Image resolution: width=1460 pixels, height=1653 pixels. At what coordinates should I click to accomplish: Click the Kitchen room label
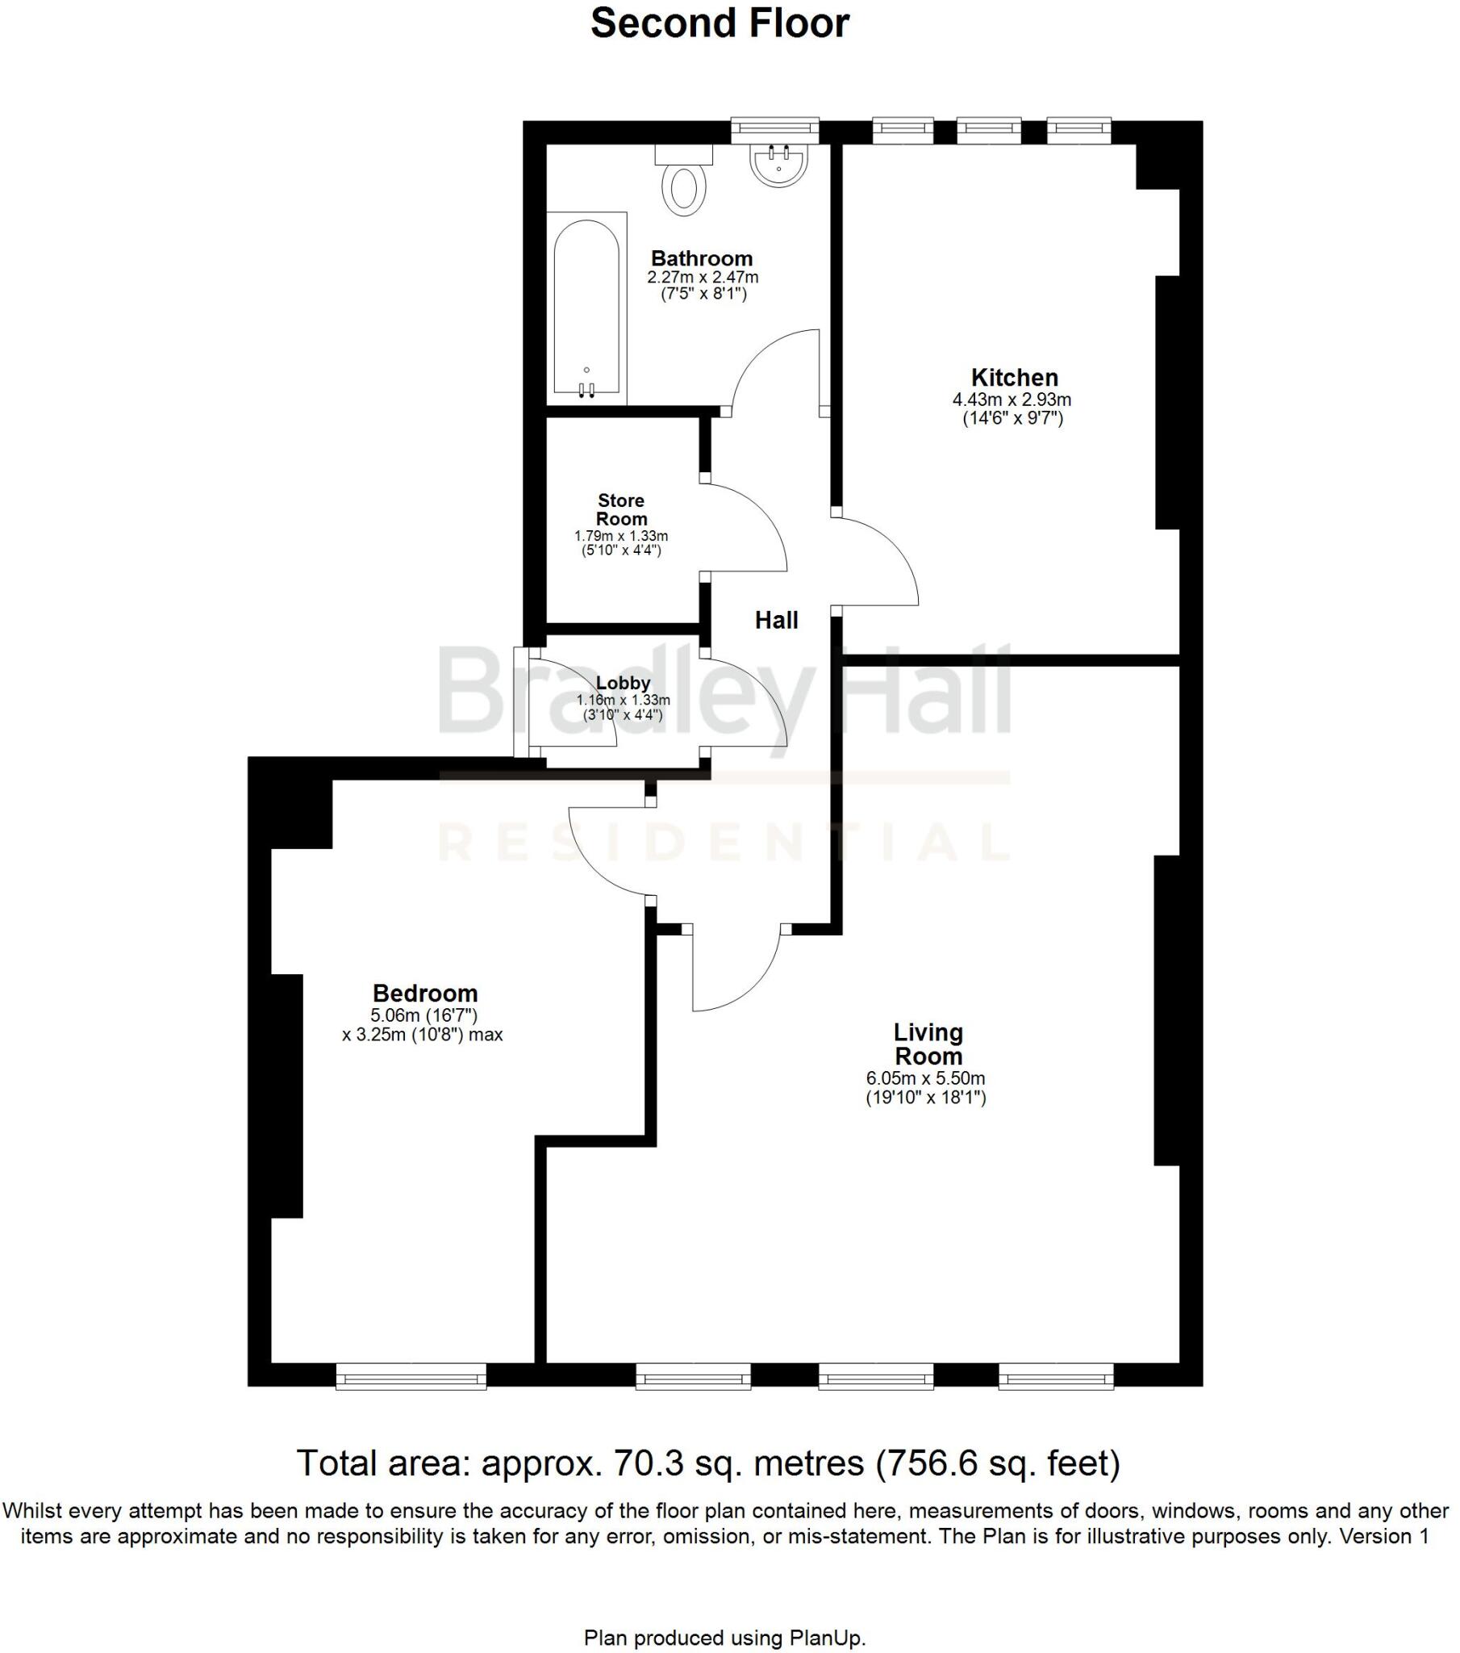pos(1014,378)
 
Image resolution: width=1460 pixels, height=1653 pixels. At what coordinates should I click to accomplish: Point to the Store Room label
pos(621,509)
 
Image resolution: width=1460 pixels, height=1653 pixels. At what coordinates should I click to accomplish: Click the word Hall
pos(776,621)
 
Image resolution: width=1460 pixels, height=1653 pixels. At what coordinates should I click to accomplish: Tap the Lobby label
pos(623,683)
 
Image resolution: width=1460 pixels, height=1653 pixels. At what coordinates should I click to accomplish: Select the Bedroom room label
pos(424,993)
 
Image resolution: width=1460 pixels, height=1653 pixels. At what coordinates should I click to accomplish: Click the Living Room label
pos(928,1044)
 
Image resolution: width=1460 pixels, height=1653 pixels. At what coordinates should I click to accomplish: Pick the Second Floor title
pos(720,23)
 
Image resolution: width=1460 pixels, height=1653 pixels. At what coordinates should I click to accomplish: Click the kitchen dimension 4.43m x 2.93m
pos(1012,400)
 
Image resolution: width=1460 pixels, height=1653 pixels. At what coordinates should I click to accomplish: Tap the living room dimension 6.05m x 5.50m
pos(926,1078)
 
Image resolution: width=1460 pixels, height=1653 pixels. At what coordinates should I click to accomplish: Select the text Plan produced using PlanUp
pos(724,1638)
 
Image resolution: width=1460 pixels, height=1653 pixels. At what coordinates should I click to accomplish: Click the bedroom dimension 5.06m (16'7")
pos(423,1015)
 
